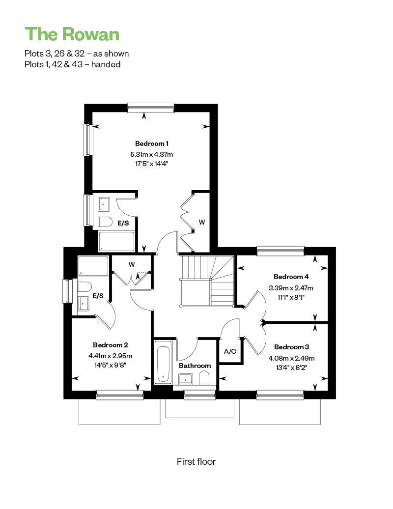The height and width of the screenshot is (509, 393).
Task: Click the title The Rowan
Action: coord(72,34)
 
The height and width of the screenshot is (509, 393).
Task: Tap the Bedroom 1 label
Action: coord(152,143)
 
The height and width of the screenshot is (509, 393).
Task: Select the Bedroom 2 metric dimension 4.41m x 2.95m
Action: coord(111,356)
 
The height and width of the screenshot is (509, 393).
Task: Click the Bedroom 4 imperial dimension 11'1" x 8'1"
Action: coord(291,297)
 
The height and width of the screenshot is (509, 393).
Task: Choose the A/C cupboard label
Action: coord(230,352)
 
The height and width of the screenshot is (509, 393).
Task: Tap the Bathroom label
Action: coord(195,366)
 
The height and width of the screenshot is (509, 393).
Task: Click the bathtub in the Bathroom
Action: coord(163,364)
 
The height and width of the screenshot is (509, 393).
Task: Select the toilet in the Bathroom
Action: coord(205,377)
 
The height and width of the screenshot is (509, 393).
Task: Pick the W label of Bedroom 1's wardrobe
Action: coord(202,222)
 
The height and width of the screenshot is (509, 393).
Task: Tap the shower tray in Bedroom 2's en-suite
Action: coord(93,266)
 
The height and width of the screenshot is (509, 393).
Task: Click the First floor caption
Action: coord(196,461)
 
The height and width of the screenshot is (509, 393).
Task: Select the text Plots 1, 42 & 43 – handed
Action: coord(72,64)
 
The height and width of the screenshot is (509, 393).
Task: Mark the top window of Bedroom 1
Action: coord(150,107)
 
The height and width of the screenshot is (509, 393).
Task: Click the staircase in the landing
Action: coord(206,281)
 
